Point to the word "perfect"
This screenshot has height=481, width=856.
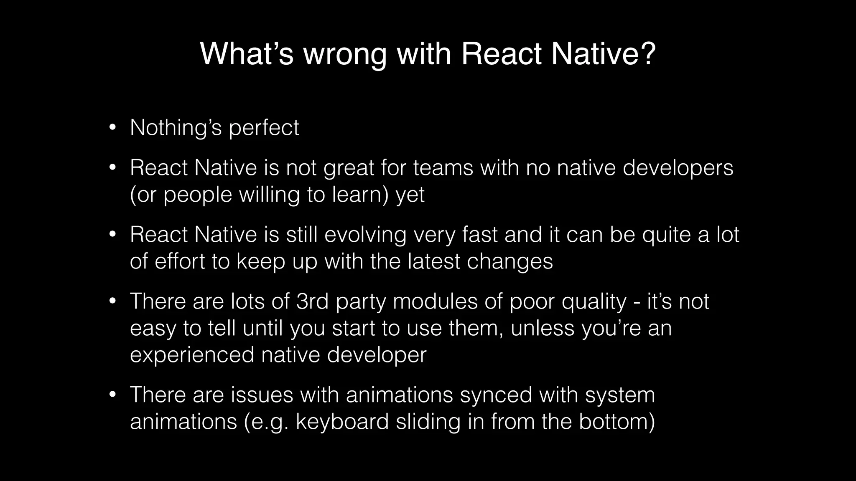coord(264,128)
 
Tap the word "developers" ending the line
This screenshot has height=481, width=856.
coord(678,168)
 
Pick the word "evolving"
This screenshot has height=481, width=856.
coord(365,235)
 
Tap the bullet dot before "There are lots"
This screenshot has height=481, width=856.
coord(112,301)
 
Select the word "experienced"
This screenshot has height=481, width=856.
coord(192,355)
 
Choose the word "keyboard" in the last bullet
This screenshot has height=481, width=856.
coord(342,422)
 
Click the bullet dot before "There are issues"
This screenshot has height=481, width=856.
coord(112,395)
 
